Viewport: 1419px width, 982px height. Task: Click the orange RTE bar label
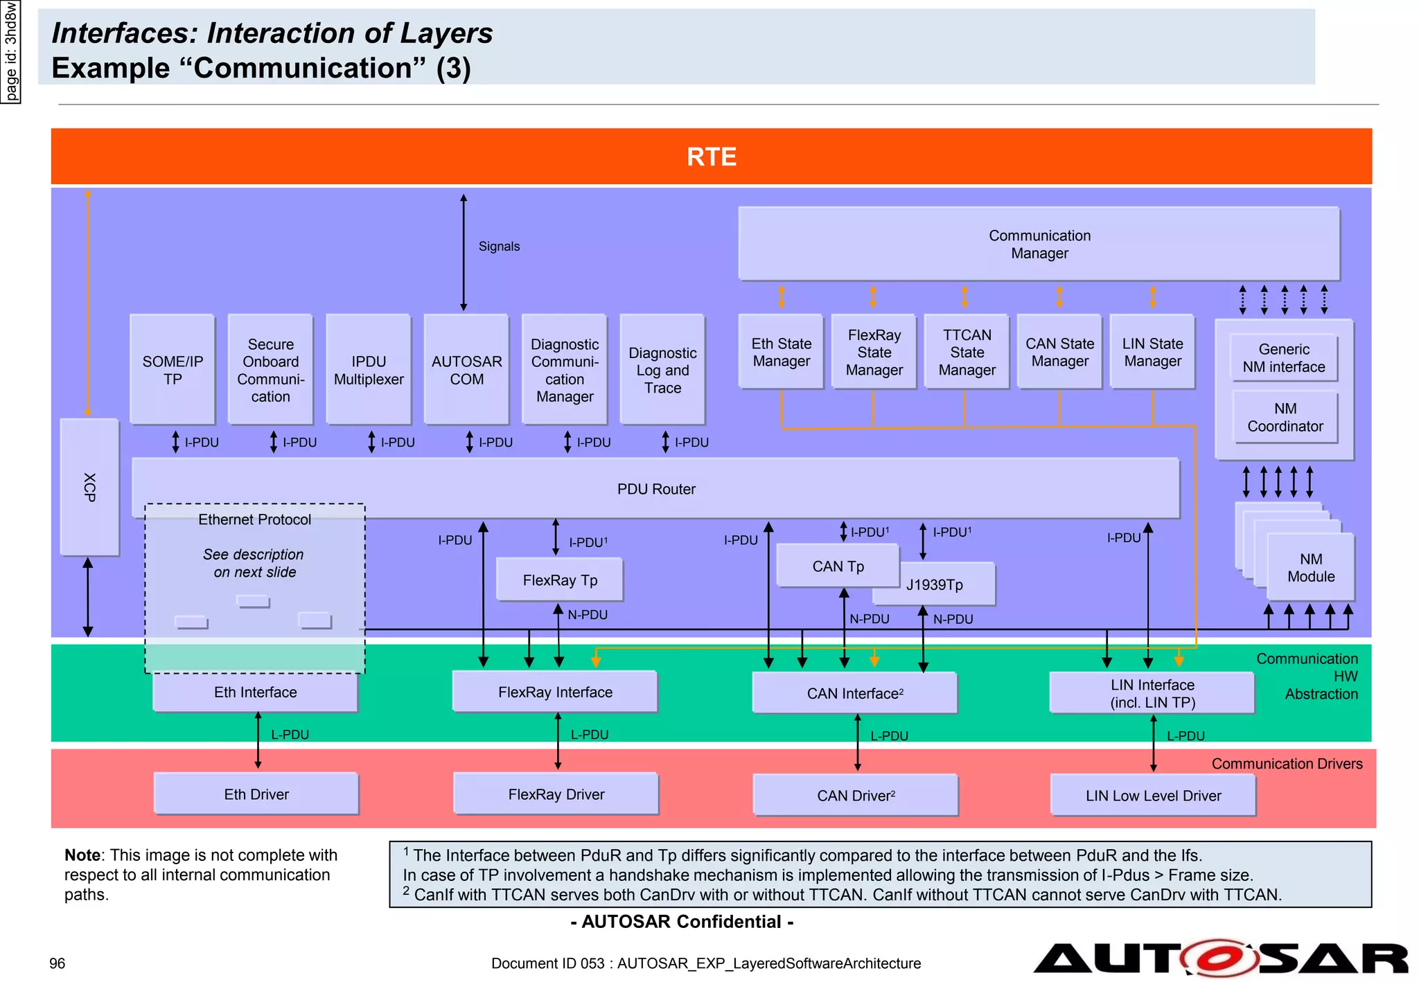click(x=711, y=157)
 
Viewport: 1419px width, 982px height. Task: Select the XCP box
click(x=89, y=487)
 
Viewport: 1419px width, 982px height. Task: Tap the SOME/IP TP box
click(x=173, y=370)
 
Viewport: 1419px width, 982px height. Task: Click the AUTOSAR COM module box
click(x=466, y=370)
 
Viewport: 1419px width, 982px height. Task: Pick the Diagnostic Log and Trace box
click(x=662, y=370)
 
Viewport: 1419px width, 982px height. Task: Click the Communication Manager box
click(x=1039, y=244)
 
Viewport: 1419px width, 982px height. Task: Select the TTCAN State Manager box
click(x=967, y=352)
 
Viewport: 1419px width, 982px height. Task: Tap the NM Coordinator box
click(x=1285, y=417)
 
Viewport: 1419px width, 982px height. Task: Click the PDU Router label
click(x=655, y=489)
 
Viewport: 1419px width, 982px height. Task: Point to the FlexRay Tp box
click(x=560, y=580)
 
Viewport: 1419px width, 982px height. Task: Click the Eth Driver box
click(x=256, y=794)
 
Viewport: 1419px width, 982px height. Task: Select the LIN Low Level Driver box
click(x=1153, y=796)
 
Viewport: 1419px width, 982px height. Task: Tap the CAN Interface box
click(x=854, y=693)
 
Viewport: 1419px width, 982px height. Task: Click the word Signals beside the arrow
click(x=499, y=247)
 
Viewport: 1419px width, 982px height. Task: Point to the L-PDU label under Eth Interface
click(x=290, y=735)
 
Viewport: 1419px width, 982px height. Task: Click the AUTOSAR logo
click(x=1220, y=958)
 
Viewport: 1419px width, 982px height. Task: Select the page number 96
click(x=58, y=963)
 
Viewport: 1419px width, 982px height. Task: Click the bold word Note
click(x=82, y=855)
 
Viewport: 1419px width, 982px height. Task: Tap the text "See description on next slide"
click(x=254, y=563)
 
